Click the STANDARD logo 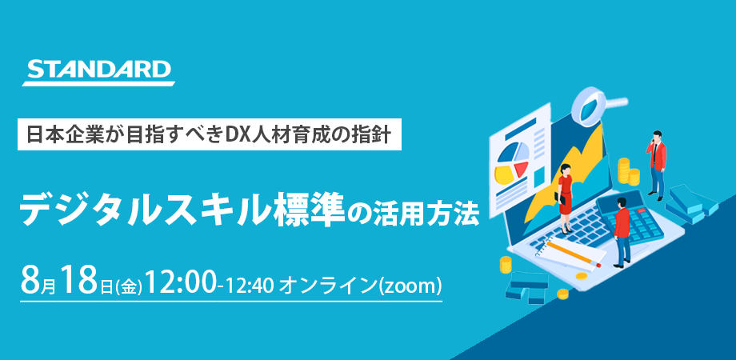98,72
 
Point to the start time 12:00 181,279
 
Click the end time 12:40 250,285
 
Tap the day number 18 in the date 79,279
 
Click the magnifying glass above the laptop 597,105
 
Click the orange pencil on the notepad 574,253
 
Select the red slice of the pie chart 520,168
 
